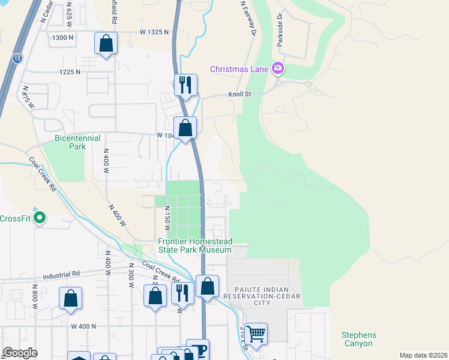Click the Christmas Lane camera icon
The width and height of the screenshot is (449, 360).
tap(277, 68)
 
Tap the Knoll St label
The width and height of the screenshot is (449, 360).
tap(239, 94)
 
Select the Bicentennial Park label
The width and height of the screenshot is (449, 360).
tap(78, 142)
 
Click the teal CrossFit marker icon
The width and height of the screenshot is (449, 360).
tap(40, 217)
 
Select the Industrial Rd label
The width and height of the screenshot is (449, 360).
tap(61, 275)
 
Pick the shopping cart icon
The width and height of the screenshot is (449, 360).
tap(256, 332)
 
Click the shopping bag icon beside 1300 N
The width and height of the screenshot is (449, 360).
tap(106, 43)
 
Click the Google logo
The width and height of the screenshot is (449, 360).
tap(19, 353)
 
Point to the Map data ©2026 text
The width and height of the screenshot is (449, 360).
tap(423, 355)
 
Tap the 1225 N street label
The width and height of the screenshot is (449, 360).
tap(70, 72)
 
